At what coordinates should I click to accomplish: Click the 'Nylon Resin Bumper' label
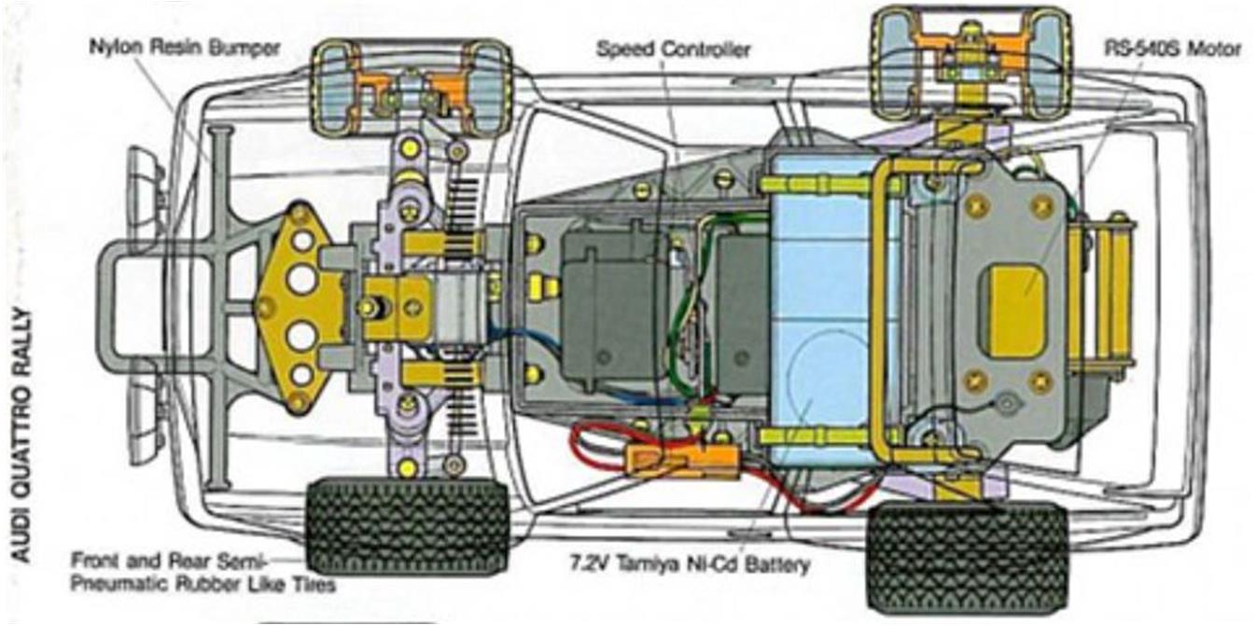tap(184, 48)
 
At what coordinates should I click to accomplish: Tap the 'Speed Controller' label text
tap(673, 49)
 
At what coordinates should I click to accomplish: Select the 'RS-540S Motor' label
tap(1172, 49)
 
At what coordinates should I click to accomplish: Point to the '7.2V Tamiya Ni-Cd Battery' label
tap(691, 563)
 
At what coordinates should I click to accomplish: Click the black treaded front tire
tap(408, 525)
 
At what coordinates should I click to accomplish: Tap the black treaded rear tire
tap(968, 557)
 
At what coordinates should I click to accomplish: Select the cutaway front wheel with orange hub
tap(412, 89)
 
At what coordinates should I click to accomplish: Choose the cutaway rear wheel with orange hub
tap(971, 63)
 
